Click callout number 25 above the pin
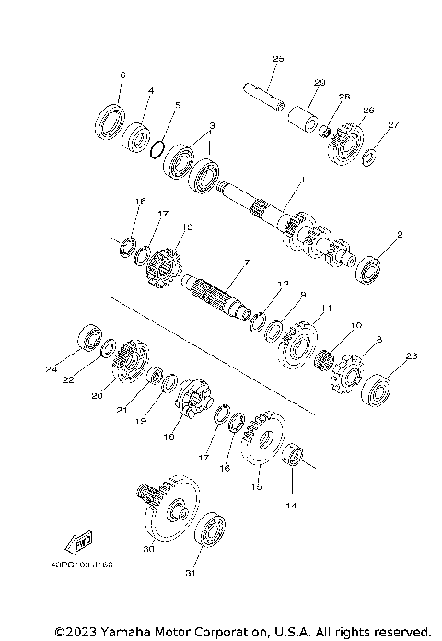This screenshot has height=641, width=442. (x=278, y=60)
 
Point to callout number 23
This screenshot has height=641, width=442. (x=411, y=356)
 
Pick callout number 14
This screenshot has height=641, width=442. (x=294, y=506)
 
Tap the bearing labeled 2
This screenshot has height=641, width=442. (x=372, y=270)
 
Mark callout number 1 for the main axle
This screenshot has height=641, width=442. (x=301, y=181)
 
